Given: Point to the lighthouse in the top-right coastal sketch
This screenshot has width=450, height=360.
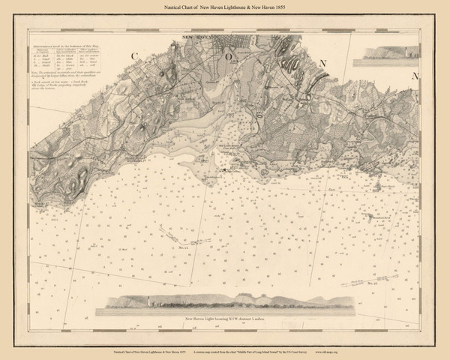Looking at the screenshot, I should point(406,52).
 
